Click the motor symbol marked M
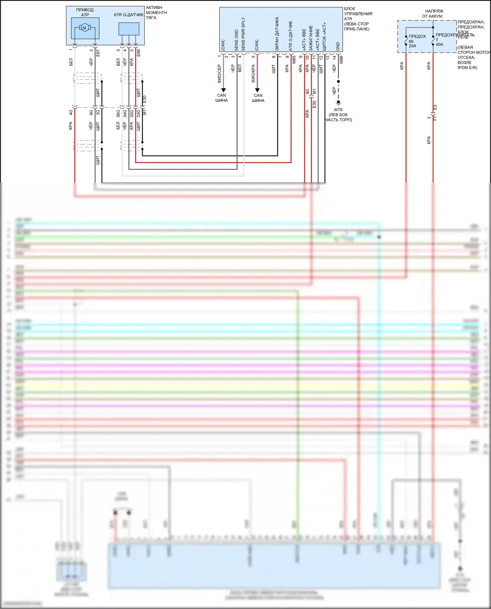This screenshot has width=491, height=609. pos(84,28)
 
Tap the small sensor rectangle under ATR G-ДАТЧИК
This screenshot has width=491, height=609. pos(129,29)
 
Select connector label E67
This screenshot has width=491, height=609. pos(98,53)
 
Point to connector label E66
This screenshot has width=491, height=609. pos(138,53)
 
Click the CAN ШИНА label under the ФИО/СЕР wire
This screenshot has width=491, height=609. pos(222,98)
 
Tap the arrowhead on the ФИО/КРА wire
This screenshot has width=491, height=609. pos(257,90)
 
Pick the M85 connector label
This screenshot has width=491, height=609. pos(294,60)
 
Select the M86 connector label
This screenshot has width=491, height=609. pos(341,60)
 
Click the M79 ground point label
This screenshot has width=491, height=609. pos(338,110)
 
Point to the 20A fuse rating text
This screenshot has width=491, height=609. pos(412,46)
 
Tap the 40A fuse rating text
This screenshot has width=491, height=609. pos(439,45)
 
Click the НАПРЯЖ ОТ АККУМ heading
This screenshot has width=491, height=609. pos(433,14)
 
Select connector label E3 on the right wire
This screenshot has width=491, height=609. pos(435,107)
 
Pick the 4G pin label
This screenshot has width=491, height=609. pos(71,112)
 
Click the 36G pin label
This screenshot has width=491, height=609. pos(118,114)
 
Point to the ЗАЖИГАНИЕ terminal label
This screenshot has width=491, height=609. pos(311,38)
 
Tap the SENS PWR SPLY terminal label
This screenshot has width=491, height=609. pos(243,34)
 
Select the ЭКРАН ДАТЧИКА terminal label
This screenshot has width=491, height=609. pos(277,34)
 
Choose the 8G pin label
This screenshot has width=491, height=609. pos(307,91)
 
